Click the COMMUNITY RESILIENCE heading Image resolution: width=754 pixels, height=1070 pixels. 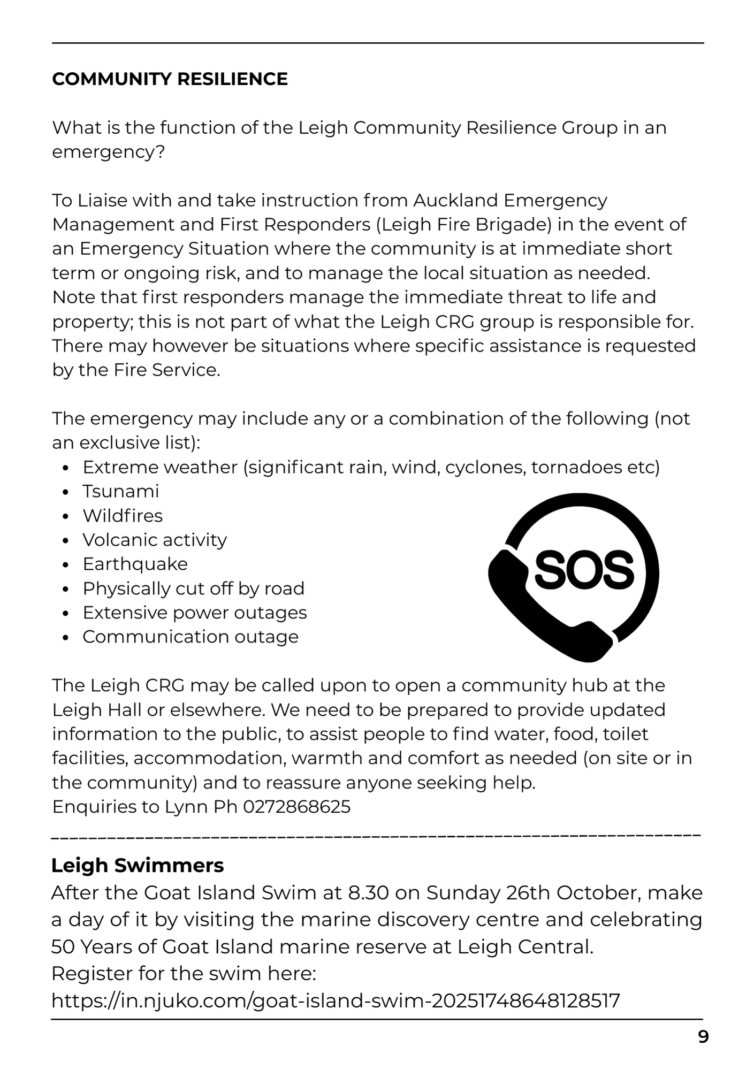pos(170,79)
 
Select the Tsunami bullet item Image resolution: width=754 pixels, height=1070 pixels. pos(120,492)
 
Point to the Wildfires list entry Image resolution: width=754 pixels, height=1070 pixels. pos(123,516)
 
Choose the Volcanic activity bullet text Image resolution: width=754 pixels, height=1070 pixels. pos(155,540)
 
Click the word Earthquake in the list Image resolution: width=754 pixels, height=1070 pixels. pos(135,564)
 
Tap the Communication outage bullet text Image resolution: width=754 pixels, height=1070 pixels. pos(191,637)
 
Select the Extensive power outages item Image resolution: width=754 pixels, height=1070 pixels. pos(195,613)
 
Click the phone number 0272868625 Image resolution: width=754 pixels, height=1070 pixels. pos(296,807)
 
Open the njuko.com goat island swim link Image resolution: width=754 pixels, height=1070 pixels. pos(336,1000)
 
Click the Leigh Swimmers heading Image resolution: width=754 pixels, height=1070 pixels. pos(138,865)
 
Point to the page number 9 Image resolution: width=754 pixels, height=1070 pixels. pos(703,1037)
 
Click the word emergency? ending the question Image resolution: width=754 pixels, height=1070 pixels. pos(108,152)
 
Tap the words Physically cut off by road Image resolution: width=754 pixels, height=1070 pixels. pos(193,588)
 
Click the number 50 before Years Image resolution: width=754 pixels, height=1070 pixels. pos(65,947)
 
